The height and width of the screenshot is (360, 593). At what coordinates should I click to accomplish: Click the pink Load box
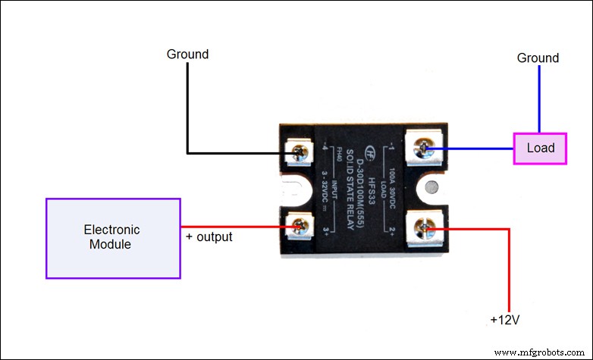tap(540, 148)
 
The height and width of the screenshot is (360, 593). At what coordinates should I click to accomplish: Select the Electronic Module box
tap(112, 238)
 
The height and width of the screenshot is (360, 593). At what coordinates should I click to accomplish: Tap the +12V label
tap(504, 321)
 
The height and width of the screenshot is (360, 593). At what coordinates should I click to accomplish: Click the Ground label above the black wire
tap(187, 55)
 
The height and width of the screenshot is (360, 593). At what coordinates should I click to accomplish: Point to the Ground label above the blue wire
tap(538, 58)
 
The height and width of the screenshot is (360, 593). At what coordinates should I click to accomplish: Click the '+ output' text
tap(209, 237)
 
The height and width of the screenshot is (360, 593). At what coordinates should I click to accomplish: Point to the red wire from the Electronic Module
tap(235, 227)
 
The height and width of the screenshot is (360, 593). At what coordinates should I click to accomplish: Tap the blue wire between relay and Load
tap(470, 148)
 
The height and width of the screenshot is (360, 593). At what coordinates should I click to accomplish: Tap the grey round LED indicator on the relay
tap(430, 187)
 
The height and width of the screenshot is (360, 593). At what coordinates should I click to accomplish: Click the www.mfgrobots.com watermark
tap(540, 352)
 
